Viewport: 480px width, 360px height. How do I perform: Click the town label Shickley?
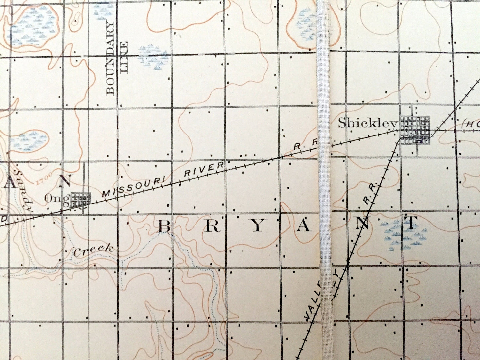tap(368, 124)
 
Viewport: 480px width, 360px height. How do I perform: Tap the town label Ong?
tap(57, 199)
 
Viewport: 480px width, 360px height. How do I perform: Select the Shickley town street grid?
tap(415, 130)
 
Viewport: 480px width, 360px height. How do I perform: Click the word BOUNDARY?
tap(110, 58)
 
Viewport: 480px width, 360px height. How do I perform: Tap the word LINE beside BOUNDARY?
tap(124, 57)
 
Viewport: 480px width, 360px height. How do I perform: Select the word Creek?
tap(93, 250)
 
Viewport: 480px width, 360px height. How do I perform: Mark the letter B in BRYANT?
tap(164, 227)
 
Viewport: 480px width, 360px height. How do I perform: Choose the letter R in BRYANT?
tap(212, 226)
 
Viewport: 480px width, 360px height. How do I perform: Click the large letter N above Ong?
tap(64, 181)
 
